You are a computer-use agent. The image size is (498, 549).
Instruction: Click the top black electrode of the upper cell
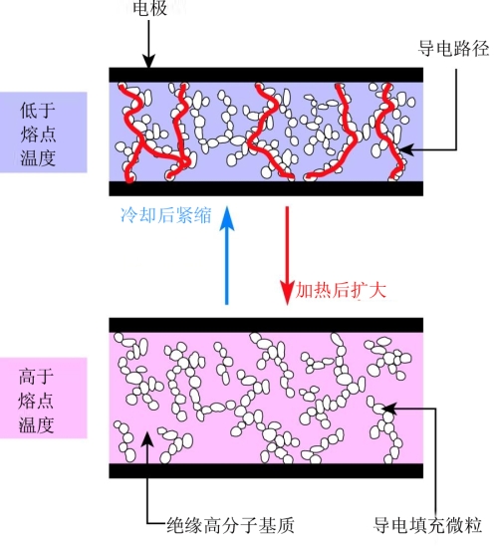click(x=267, y=74)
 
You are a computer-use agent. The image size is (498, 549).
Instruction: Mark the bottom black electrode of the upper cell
click(x=267, y=188)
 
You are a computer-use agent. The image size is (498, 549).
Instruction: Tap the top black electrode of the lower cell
click(x=267, y=325)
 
